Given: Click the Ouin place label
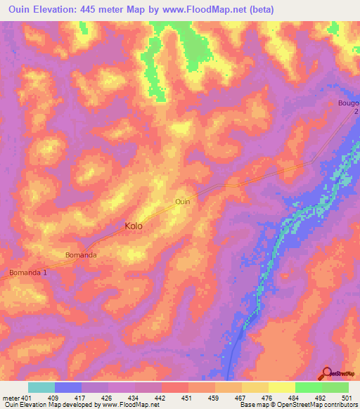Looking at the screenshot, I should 182,202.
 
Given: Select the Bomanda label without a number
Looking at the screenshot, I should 80,254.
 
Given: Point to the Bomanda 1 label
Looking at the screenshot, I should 27,272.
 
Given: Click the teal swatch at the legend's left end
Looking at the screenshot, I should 41,387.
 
